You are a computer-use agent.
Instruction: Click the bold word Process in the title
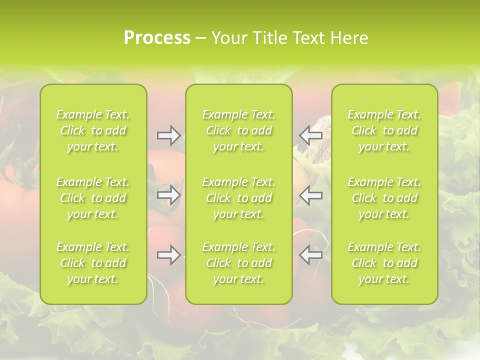[x=157, y=38]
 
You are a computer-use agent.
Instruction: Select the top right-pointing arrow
[x=168, y=135]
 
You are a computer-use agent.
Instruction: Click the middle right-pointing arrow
[x=168, y=195]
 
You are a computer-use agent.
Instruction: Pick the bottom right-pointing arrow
[x=168, y=255]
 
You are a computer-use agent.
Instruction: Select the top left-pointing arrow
[x=311, y=135]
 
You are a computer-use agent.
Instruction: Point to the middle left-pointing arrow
[x=311, y=195]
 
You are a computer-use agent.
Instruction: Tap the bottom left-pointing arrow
[x=311, y=255]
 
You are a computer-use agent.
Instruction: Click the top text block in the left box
[x=93, y=130]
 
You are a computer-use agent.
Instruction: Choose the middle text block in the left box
[x=93, y=198]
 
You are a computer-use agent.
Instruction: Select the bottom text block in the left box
[x=93, y=263]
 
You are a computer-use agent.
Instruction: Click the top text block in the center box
[x=238, y=130]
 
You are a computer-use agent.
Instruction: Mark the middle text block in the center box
[x=238, y=198]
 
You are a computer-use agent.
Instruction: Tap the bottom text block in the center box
[x=238, y=263]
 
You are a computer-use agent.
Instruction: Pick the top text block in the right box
[x=384, y=130]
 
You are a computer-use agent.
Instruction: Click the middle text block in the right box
[x=384, y=198]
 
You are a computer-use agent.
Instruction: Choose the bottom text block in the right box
[x=384, y=263]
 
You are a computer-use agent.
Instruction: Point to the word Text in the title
[x=309, y=38]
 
